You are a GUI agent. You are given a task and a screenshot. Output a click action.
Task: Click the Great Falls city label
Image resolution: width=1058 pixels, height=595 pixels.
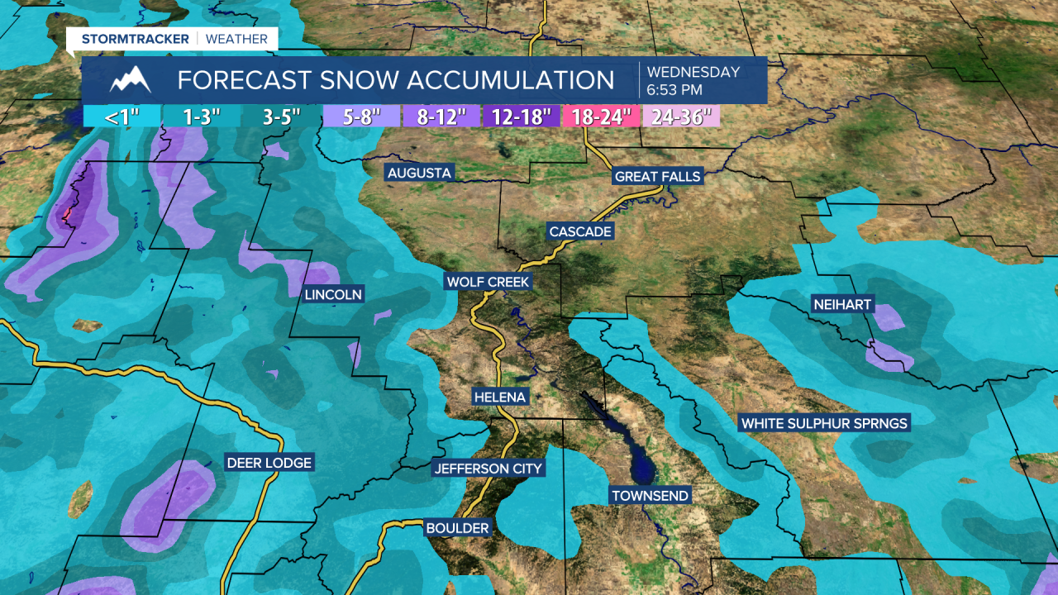coord(657,176)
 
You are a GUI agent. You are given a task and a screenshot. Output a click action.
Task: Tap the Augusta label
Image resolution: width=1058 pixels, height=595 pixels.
coord(419,173)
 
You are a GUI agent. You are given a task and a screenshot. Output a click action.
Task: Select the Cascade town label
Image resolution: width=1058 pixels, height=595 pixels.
coord(580,231)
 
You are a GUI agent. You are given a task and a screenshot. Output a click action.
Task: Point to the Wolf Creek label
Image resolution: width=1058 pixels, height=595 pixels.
coord(487,282)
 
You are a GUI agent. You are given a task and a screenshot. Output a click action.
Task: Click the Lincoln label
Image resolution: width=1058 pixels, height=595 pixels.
coord(333,294)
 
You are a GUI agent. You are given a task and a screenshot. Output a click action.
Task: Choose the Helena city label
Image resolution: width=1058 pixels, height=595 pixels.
coord(499,397)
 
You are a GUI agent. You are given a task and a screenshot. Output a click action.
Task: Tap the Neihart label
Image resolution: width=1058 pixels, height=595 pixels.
coord(841,305)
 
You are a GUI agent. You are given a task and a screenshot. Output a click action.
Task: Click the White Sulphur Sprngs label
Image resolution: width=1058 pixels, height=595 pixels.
coord(824,423)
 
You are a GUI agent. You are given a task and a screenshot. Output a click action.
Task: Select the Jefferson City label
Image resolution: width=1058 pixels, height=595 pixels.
coord(488,469)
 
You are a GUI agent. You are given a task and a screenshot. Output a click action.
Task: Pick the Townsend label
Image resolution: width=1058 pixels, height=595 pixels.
coord(650,496)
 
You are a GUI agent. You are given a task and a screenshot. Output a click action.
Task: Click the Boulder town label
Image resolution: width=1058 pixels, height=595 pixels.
coord(457,527)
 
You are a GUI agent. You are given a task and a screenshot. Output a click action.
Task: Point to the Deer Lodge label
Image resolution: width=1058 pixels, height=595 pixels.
coord(269,463)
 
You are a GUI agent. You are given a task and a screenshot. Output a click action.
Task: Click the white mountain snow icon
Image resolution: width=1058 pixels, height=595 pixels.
coord(131,80)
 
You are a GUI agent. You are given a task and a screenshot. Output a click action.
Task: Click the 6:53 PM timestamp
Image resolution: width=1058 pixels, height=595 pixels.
coord(674,89)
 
